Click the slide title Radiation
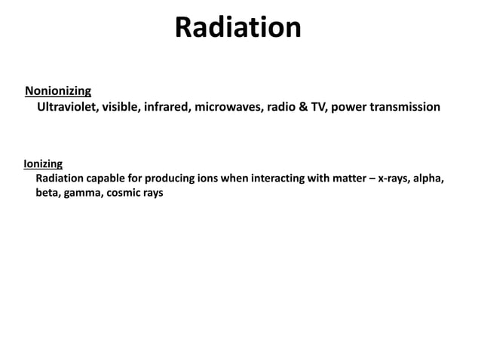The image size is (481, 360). pos(238,28)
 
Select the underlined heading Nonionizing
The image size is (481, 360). pos(58,91)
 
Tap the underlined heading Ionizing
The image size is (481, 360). pos(43,163)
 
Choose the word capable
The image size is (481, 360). pos(112,178)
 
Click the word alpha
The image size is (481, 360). pos(432,178)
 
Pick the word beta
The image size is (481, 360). pos(47,193)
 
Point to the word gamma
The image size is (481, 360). pos(84,193)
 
